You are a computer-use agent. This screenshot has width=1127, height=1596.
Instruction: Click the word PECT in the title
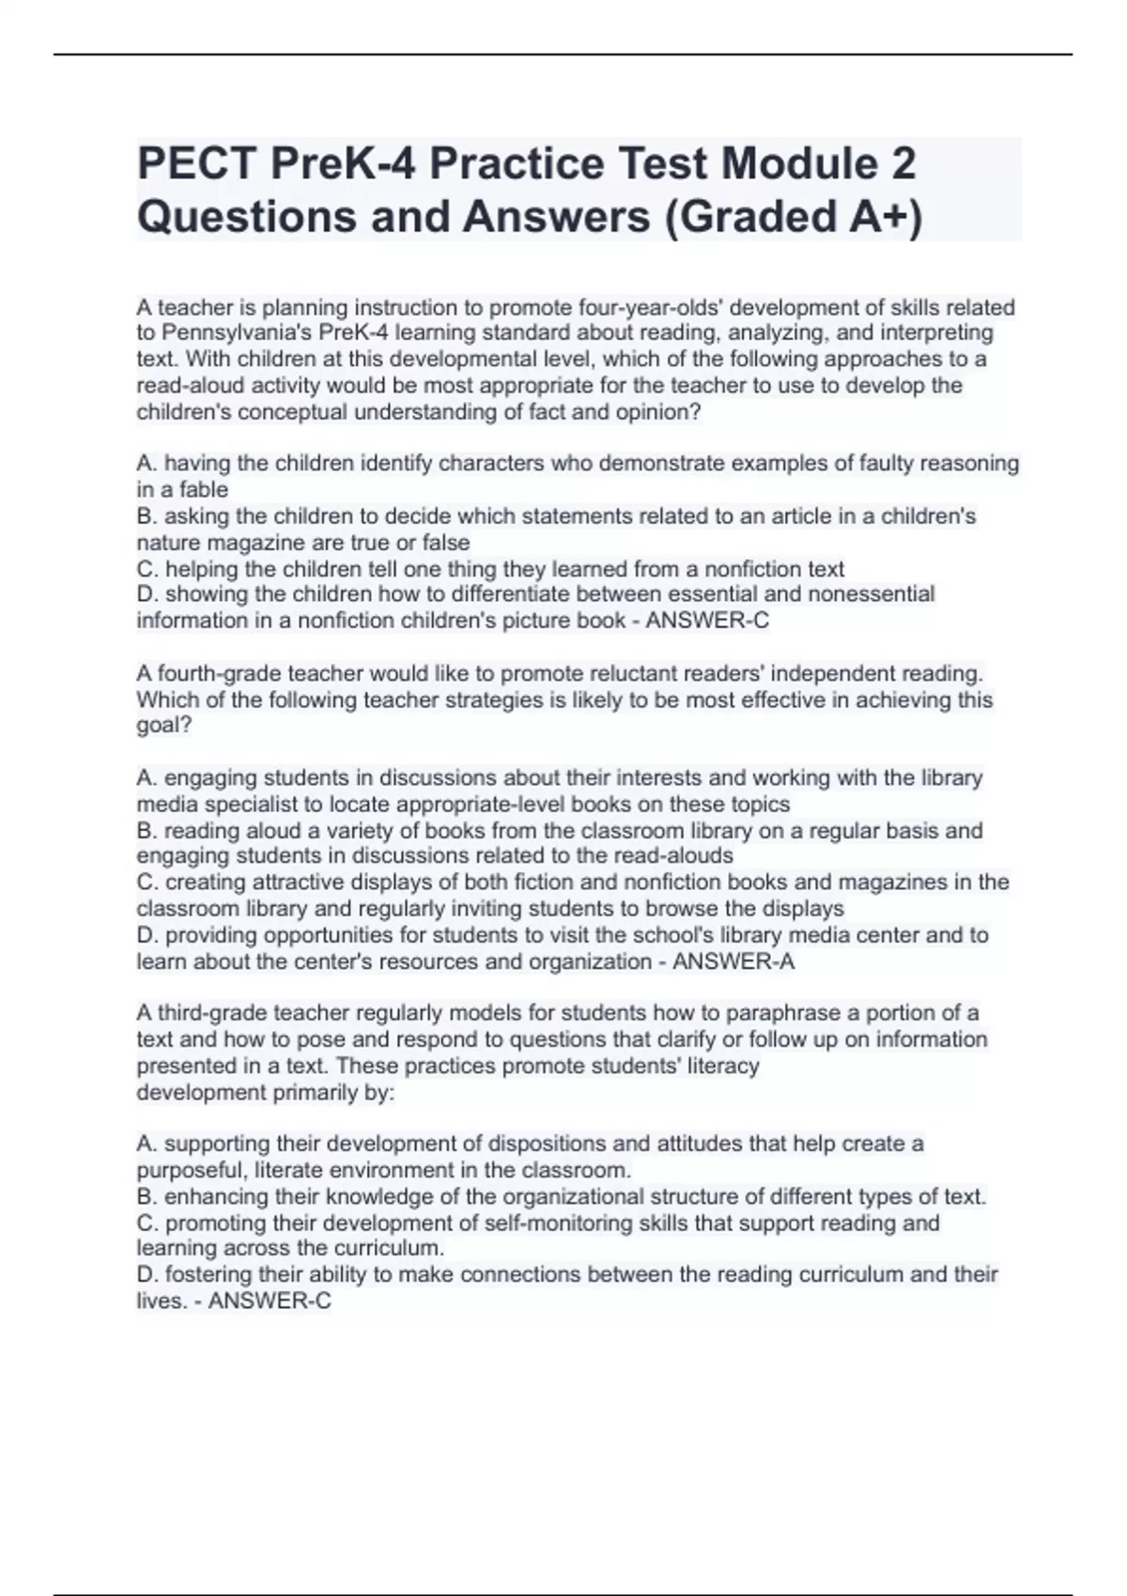[x=197, y=164]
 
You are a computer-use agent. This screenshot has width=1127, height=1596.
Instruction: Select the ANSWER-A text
[x=733, y=961]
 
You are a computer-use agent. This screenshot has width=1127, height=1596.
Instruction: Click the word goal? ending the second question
[x=163, y=726]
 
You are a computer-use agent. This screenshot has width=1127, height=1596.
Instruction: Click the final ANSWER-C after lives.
[x=270, y=1301]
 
